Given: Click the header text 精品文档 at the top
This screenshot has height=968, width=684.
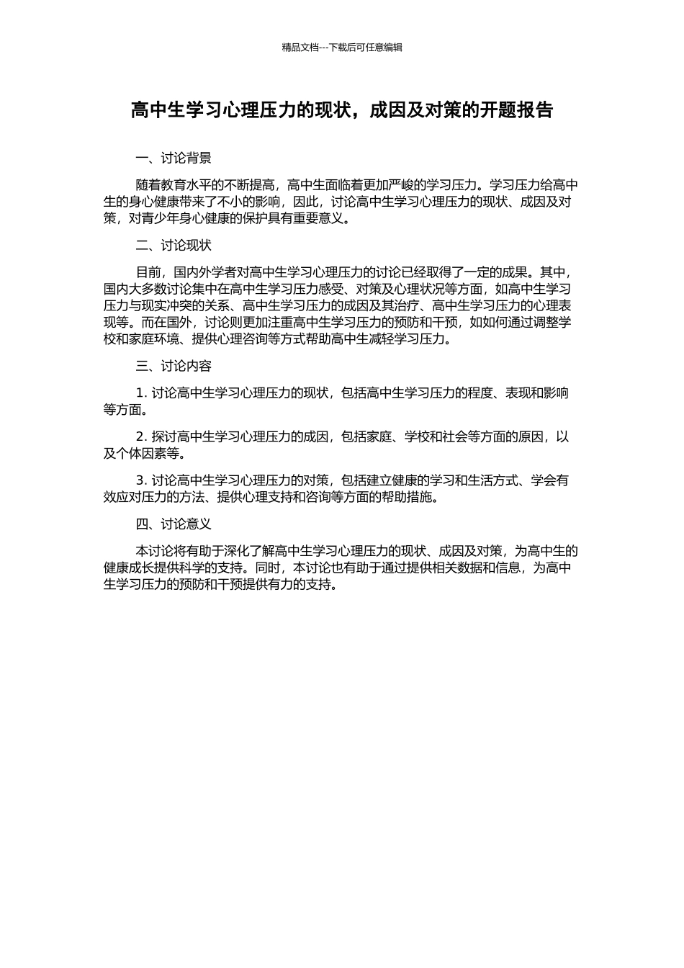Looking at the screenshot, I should point(300,48).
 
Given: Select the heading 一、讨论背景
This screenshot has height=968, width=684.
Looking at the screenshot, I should point(174,158).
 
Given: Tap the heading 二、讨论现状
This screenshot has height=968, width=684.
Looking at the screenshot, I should point(174,246).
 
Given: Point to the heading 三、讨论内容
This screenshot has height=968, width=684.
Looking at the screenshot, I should point(174,367).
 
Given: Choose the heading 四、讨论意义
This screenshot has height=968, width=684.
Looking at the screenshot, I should point(174,525).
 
